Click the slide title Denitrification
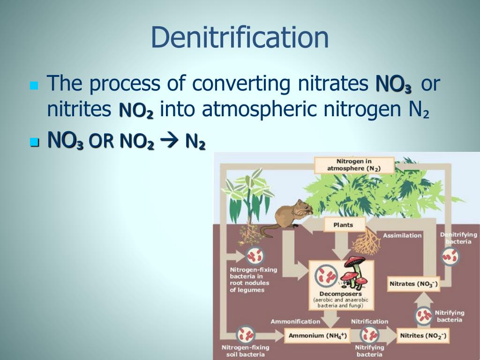[240, 38]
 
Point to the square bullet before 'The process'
[33, 85]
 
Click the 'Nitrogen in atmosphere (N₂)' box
[354, 165]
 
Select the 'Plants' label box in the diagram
[343, 225]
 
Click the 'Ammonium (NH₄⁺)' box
[317, 336]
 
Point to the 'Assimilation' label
[402, 235]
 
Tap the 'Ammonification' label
[295, 322]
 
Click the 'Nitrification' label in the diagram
[370, 322]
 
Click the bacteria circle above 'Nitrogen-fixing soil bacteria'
[245, 335]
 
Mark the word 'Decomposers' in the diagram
[341, 294]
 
